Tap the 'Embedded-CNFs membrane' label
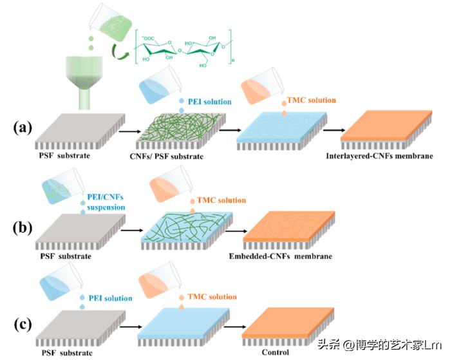pyautogui.click(x=281, y=256)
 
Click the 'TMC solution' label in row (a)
pyautogui.click(x=312, y=100)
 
